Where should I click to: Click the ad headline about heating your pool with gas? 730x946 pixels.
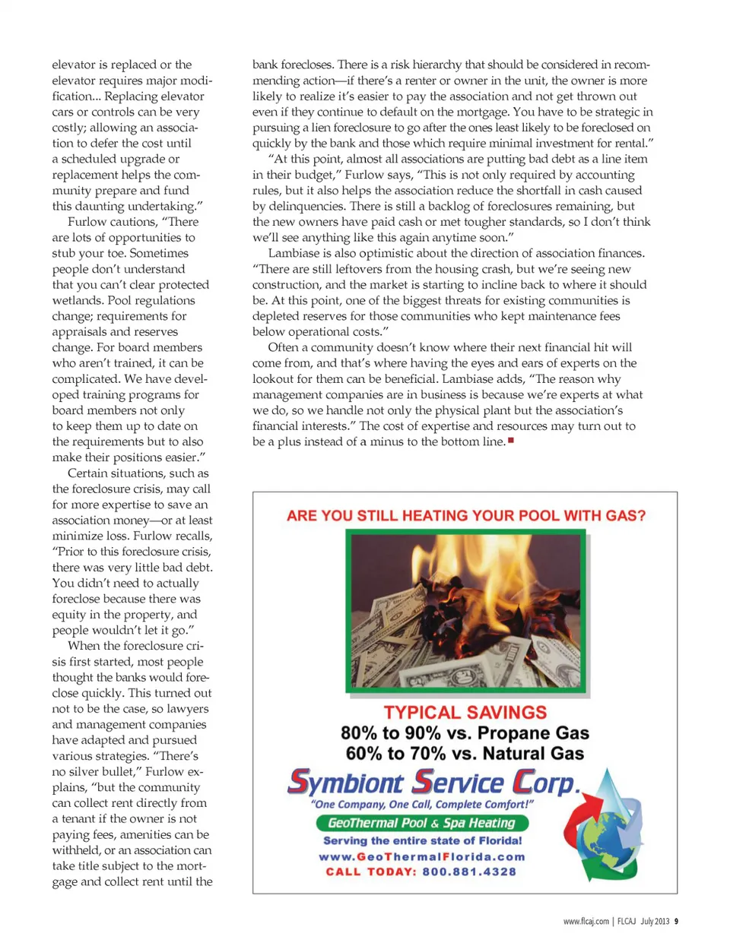point(465,516)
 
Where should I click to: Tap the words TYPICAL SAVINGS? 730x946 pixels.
point(465,713)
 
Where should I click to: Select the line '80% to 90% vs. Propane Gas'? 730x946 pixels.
point(465,733)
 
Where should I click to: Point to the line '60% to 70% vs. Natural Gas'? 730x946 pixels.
point(465,754)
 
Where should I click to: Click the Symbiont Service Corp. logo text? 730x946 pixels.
point(433,782)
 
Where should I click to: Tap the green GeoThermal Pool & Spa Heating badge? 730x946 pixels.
point(422,823)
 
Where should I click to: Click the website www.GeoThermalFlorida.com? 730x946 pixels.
point(422,856)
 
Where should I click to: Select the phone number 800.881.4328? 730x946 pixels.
point(469,872)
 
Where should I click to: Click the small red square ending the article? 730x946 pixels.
point(511,441)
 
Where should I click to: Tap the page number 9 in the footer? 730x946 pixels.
point(676,921)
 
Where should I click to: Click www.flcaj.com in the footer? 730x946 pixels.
point(586,921)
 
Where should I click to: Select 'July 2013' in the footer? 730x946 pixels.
point(655,921)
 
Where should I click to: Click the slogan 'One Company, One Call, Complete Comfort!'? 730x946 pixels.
point(422,805)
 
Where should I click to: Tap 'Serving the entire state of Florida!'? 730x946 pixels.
point(422,840)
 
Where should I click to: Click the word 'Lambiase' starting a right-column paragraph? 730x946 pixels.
point(293,253)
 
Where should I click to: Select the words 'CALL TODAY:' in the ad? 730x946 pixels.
point(371,872)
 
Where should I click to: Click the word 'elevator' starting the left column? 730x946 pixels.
point(74,65)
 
